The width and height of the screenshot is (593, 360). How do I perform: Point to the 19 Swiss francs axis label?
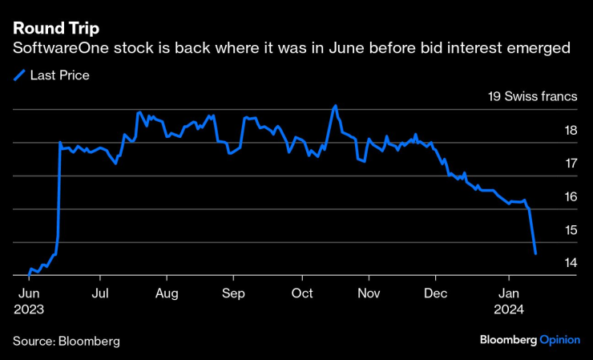(x=533, y=97)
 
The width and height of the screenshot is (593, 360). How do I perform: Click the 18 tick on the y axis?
(x=571, y=131)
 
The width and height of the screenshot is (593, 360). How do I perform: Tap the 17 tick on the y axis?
(x=571, y=164)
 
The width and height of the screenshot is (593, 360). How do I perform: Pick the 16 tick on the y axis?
(x=571, y=197)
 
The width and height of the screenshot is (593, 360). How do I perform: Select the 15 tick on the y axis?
(x=571, y=230)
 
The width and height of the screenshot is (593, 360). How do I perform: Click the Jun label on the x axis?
(x=30, y=293)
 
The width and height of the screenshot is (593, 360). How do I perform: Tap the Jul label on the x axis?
(x=100, y=293)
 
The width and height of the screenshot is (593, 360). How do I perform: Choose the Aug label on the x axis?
(x=166, y=293)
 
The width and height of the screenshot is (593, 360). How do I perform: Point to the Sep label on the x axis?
(x=232, y=293)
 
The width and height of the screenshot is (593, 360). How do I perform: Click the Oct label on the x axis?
(x=302, y=293)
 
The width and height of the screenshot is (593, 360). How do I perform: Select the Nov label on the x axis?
(x=368, y=293)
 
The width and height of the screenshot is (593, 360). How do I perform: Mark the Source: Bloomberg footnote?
(x=66, y=341)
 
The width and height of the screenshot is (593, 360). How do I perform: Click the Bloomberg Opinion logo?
(x=529, y=340)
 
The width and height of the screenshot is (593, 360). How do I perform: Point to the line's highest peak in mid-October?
(x=335, y=106)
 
